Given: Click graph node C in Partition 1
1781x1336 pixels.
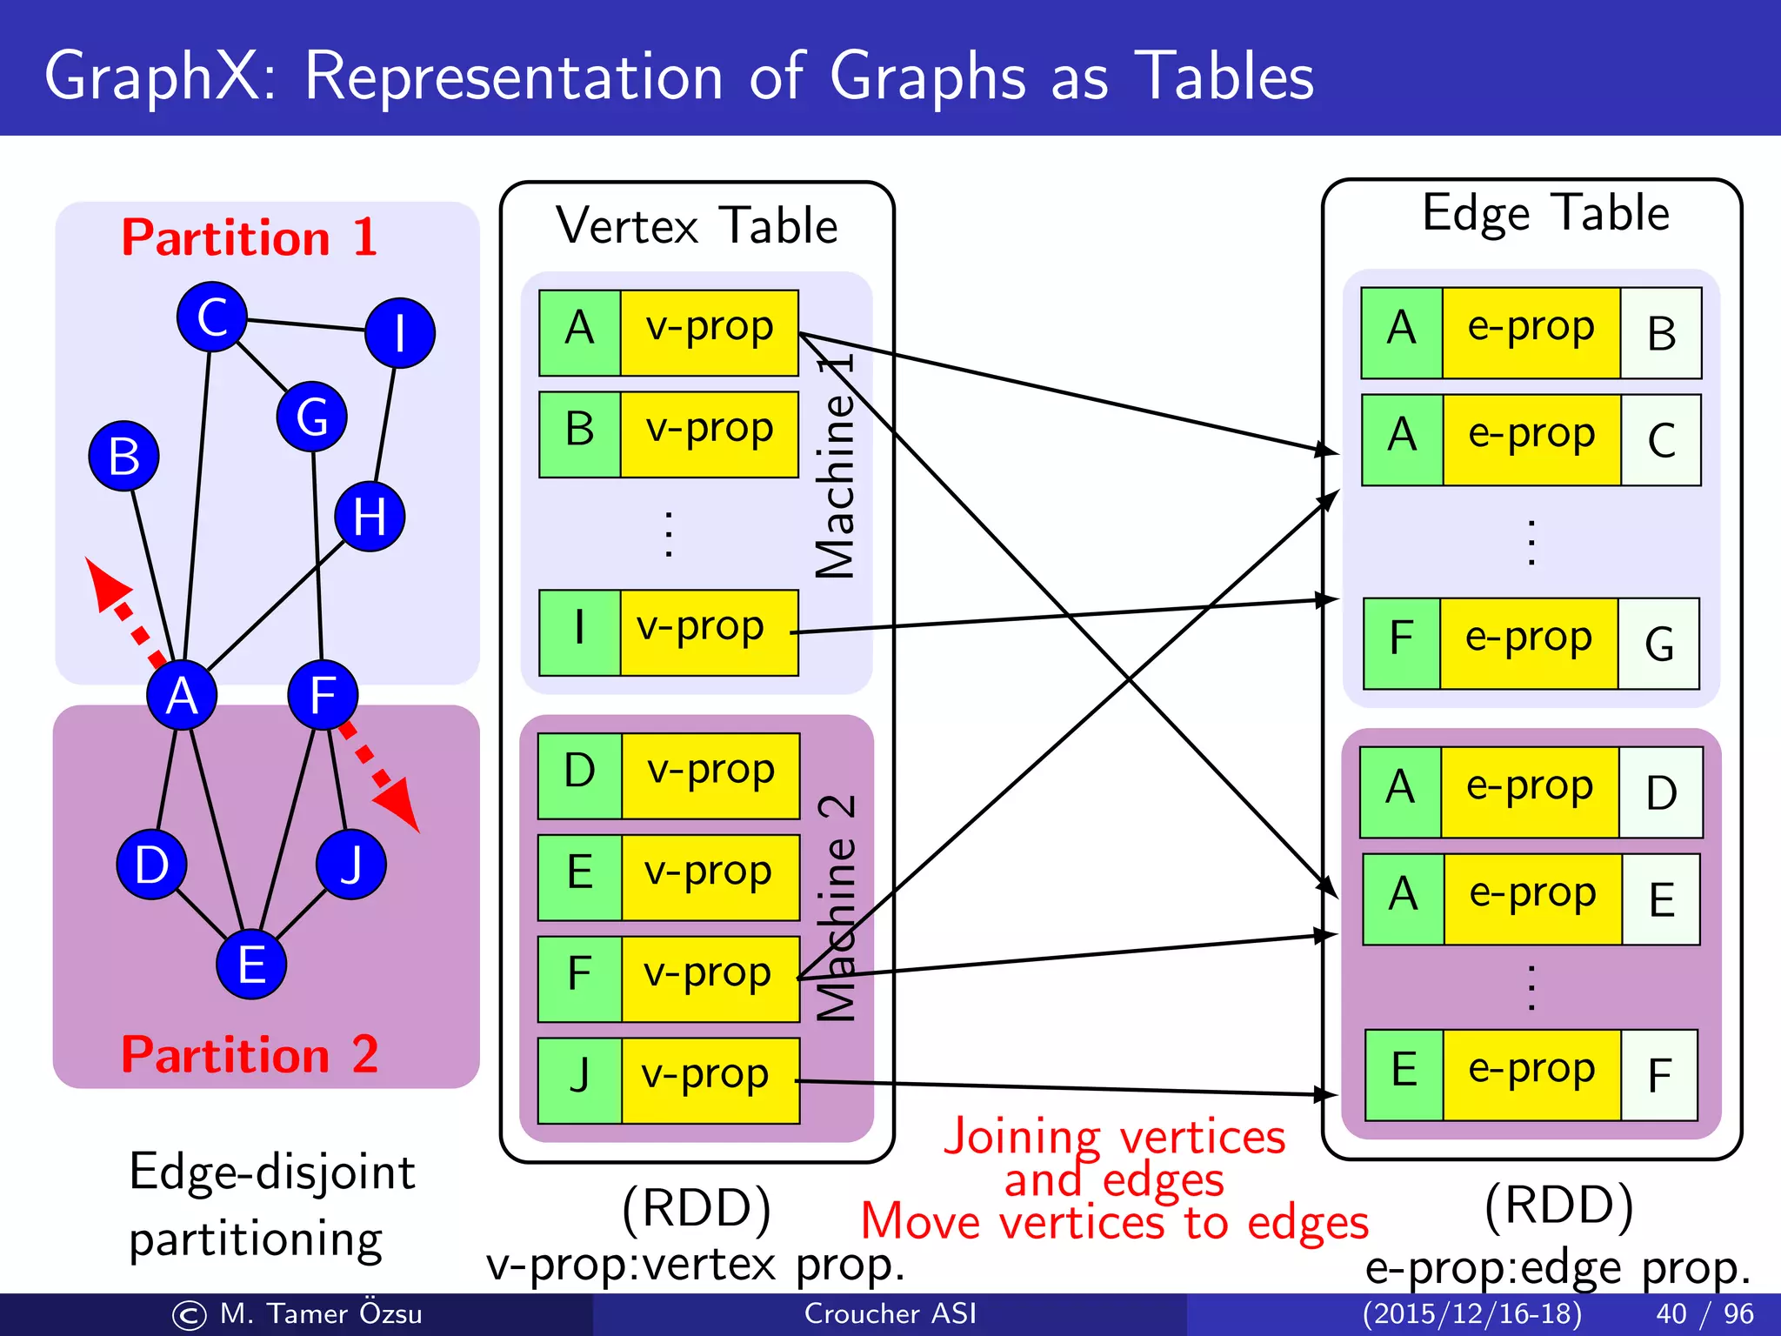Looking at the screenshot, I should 211,317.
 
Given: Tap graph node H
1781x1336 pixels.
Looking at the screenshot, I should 370,517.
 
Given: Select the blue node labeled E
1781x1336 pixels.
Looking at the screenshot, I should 251,965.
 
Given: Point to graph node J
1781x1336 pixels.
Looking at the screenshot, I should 350,864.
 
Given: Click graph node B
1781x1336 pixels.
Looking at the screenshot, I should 123,456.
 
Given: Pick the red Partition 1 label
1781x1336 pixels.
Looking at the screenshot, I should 249,237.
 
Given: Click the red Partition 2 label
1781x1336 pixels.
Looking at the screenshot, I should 249,1054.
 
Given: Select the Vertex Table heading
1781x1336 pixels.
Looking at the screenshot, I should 697,226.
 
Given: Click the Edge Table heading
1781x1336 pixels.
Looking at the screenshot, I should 1545,213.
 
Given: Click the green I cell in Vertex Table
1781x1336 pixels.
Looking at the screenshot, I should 579,632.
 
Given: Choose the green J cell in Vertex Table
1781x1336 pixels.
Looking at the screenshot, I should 579,1079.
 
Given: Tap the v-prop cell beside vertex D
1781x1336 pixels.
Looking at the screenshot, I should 710,775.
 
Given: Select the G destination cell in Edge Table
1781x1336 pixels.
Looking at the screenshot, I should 1658,644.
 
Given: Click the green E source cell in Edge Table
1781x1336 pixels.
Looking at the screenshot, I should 1404,1074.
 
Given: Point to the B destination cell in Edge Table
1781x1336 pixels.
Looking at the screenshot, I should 1660,333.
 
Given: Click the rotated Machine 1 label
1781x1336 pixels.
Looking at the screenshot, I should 836,465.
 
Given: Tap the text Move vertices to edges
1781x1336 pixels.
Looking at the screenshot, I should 1114,1222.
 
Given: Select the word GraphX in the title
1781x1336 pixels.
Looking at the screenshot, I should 152,77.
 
